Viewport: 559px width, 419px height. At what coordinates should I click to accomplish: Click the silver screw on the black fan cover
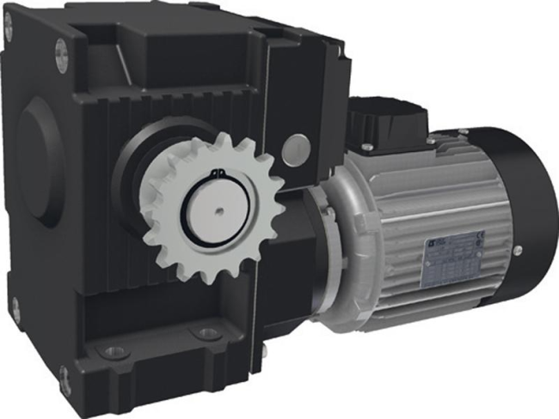pyautogui.click(x=518, y=251)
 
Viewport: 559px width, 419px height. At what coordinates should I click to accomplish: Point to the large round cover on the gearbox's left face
pyautogui.click(x=40, y=159)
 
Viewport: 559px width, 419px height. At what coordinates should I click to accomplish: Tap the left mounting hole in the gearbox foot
pyautogui.click(x=111, y=352)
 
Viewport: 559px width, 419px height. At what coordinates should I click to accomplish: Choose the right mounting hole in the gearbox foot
pyautogui.click(x=207, y=333)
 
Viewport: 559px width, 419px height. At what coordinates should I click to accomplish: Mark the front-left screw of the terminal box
pyautogui.click(x=365, y=149)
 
